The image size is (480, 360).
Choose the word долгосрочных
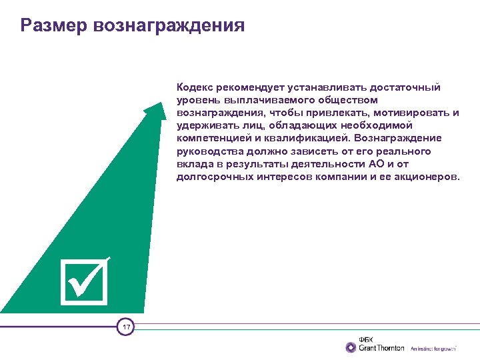(x=215, y=177)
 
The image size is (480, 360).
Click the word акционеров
(x=426, y=177)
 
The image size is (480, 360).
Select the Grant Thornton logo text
(x=381, y=348)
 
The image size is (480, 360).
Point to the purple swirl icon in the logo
(x=351, y=347)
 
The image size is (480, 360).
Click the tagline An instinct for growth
(x=434, y=349)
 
